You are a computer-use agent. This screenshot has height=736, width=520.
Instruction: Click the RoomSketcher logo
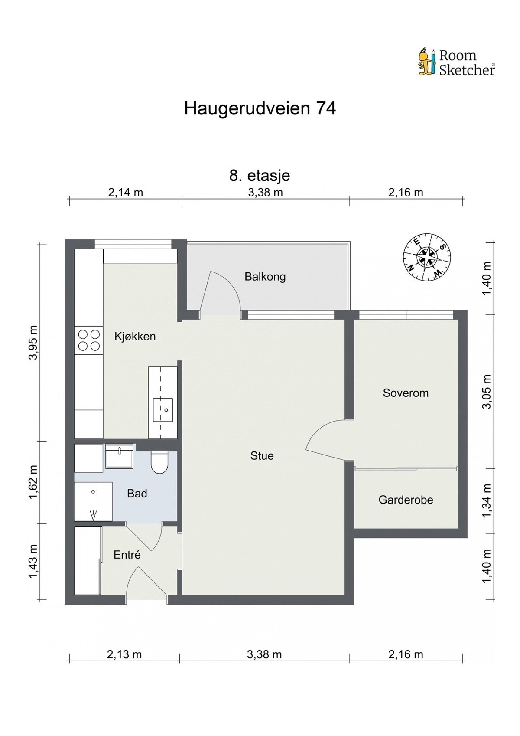456,62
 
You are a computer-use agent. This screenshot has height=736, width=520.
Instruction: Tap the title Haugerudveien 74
260,108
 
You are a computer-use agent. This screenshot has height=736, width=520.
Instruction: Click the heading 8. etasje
260,176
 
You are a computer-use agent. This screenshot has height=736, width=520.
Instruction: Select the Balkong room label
265,277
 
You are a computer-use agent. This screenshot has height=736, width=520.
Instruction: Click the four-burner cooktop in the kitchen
88,340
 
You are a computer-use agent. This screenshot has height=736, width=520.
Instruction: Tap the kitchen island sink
162,410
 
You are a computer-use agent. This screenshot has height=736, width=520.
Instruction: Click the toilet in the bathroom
159,462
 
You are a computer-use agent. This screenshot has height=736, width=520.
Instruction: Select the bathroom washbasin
119,457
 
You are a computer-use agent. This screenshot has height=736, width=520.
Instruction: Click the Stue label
262,456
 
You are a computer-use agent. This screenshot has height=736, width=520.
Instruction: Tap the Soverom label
406,393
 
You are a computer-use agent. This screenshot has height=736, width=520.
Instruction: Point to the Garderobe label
406,500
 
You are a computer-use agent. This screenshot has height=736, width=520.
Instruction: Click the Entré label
127,555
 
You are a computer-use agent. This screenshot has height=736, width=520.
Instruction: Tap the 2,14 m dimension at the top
125,193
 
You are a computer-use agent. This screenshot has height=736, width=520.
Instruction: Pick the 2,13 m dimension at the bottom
124,654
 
